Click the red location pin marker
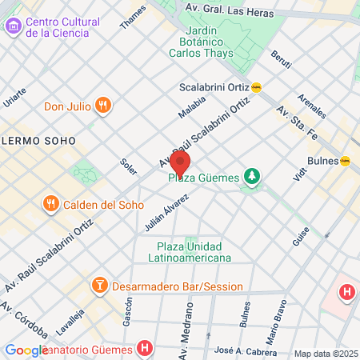coord(180,162)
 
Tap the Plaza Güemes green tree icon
coord(252,176)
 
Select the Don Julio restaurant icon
coord(102,106)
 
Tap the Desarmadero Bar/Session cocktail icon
coord(100,286)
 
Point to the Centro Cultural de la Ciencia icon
coord(13,26)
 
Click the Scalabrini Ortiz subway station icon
coord(257,87)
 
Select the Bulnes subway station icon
coord(346,160)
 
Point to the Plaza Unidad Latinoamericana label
coord(190,252)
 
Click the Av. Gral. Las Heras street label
coord(234,12)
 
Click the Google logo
coord(26,350)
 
